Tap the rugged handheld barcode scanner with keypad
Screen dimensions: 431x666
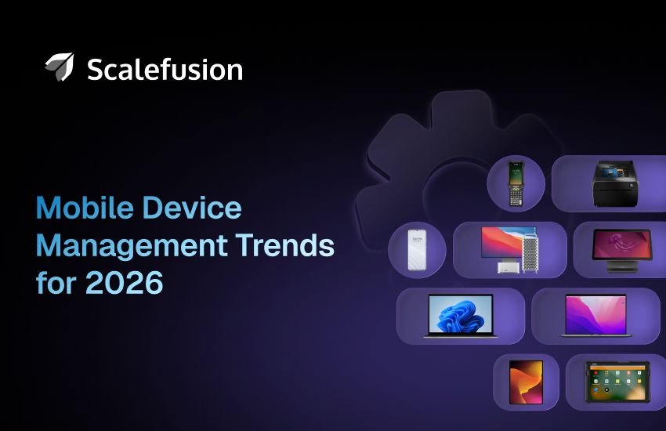pyautogui.click(x=516, y=185)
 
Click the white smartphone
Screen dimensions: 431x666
pyautogui.click(x=417, y=250)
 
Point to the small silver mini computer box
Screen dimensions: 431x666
pyautogui.click(x=505, y=268)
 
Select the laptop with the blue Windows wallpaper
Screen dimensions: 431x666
pyautogui.click(x=460, y=316)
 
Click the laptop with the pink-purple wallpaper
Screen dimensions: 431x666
pyautogui.click(x=595, y=316)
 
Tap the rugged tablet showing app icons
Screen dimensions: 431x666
pyautogui.click(x=617, y=382)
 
